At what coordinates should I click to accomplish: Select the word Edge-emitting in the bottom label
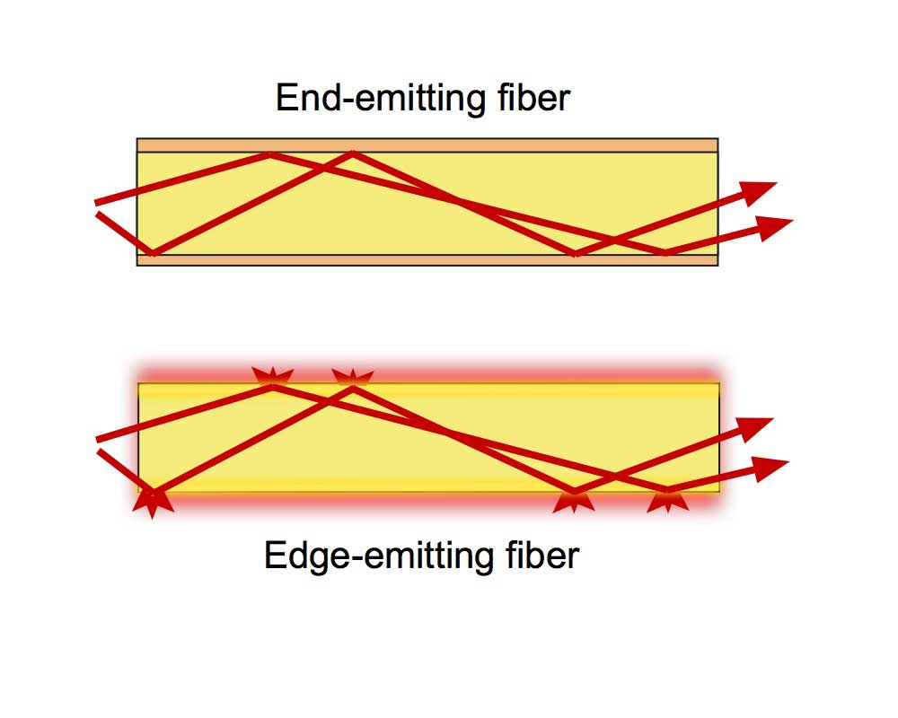[373, 556]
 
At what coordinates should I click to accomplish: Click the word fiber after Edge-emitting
[537, 556]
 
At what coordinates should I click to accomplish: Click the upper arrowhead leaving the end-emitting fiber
[759, 190]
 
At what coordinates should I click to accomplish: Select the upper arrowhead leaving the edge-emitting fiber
[756, 425]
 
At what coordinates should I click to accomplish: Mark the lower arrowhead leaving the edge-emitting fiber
[771, 466]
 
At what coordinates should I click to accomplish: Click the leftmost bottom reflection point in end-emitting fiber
[154, 253]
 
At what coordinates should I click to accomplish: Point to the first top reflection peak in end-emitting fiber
[269, 154]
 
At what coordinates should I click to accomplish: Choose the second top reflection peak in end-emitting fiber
[352, 154]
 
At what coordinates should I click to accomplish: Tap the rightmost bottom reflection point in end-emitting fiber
[665, 253]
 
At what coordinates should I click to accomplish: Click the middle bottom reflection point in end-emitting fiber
[576, 253]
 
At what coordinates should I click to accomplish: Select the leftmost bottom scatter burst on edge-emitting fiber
[154, 500]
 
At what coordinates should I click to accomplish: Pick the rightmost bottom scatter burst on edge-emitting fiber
[667, 498]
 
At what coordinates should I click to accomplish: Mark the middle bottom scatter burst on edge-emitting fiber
[574, 498]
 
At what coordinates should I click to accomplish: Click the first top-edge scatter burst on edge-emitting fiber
[270, 378]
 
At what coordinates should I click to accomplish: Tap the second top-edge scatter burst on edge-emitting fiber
[353, 378]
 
